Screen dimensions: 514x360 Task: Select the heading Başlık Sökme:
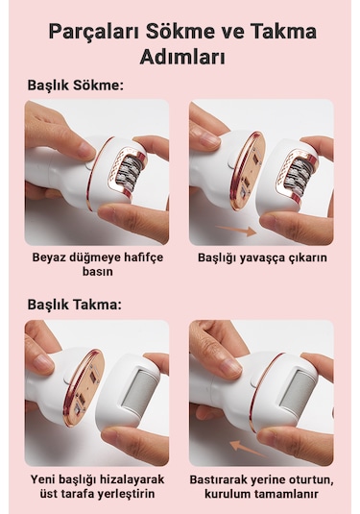coord(75,85)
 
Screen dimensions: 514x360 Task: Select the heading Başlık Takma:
coord(74,305)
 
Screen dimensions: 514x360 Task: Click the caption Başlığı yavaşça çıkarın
coord(261,257)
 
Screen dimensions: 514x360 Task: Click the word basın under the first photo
coord(97,272)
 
